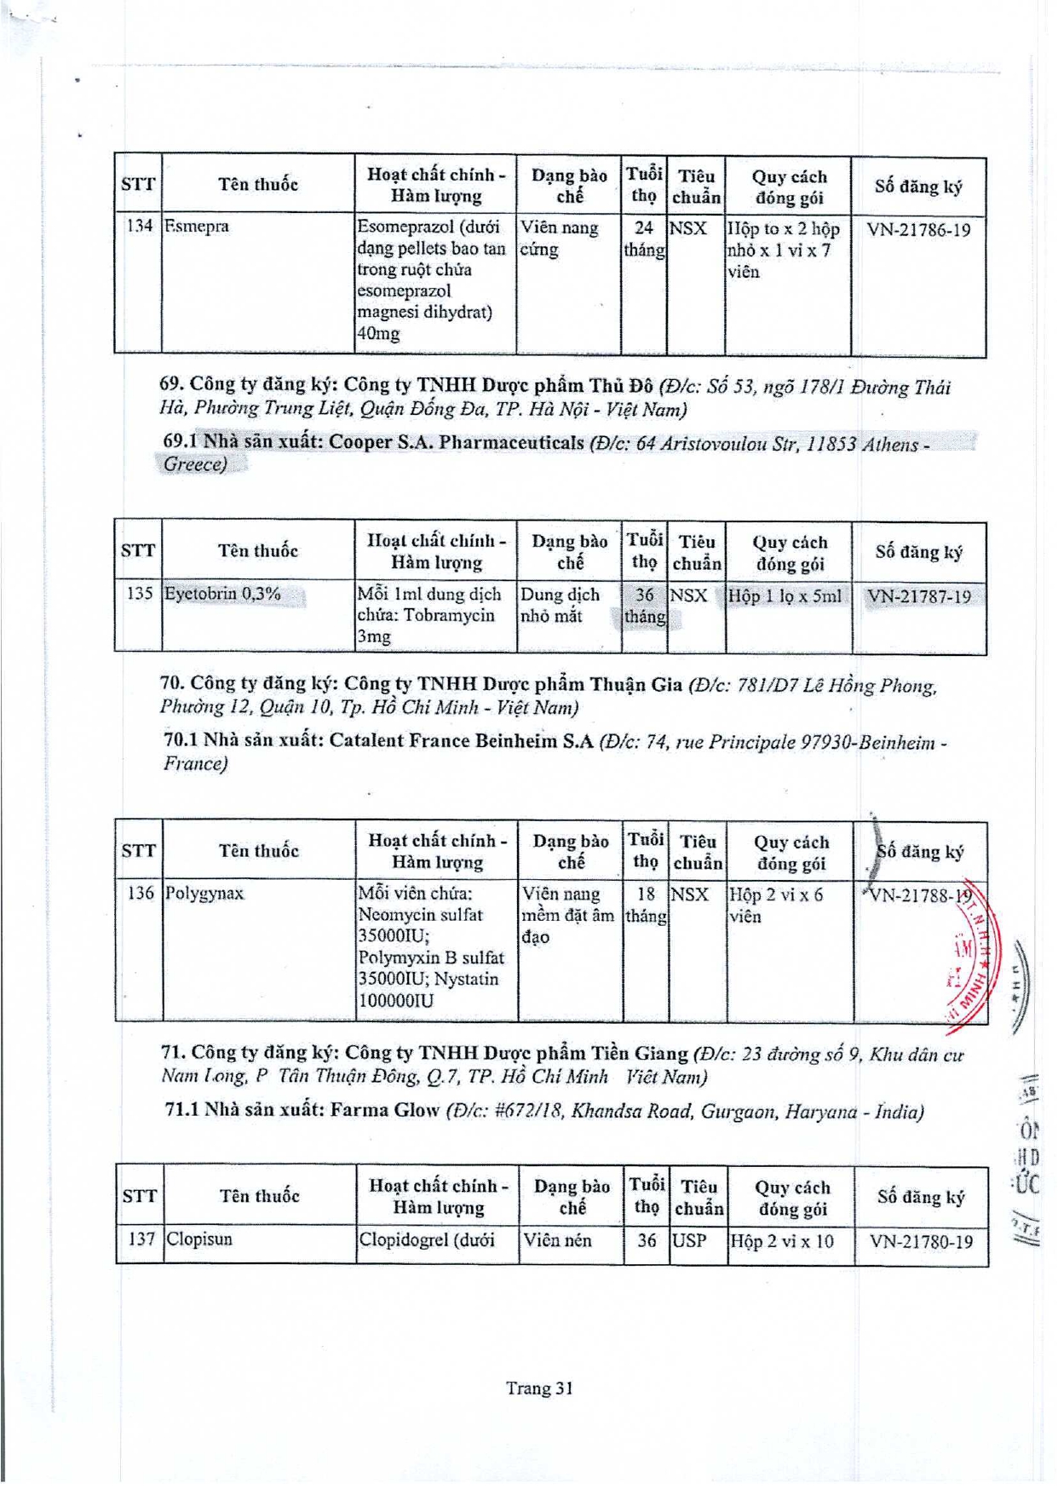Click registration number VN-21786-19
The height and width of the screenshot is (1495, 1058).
[918, 229]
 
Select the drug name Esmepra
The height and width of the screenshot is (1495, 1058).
[197, 227]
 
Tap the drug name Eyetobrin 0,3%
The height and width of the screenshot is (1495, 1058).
[222, 594]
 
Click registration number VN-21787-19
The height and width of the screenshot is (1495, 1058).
[919, 596]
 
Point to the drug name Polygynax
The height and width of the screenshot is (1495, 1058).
[204, 893]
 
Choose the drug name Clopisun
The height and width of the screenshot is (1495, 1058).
[199, 1239]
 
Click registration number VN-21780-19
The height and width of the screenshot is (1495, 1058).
[921, 1241]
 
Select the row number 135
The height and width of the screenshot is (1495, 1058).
[139, 594]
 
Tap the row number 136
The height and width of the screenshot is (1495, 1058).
[140, 893]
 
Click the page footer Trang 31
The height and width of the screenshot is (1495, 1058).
[539, 1388]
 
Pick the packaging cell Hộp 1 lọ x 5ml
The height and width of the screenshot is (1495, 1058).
[785, 596]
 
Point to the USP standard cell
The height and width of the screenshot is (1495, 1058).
[689, 1240]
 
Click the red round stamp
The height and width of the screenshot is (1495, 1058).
[971, 954]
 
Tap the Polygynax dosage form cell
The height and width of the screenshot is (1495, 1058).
[567, 915]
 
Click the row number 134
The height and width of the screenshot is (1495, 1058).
[139, 227]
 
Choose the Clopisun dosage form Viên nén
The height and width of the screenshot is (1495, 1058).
[557, 1240]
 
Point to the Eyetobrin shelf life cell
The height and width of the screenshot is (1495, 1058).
[644, 605]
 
